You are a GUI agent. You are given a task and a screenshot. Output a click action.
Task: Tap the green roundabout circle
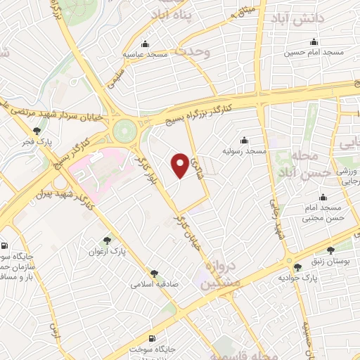click(124, 129)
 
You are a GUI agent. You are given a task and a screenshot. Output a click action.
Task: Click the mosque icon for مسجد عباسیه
click(145, 43)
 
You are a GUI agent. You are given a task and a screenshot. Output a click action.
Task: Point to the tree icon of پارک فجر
click(37, 130)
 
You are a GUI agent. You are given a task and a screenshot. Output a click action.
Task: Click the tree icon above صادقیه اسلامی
click(154, 274)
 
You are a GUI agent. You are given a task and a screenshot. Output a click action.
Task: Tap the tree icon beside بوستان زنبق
click(330, 250)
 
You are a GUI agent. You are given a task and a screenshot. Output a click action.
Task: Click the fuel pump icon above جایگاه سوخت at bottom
click(153, 337)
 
